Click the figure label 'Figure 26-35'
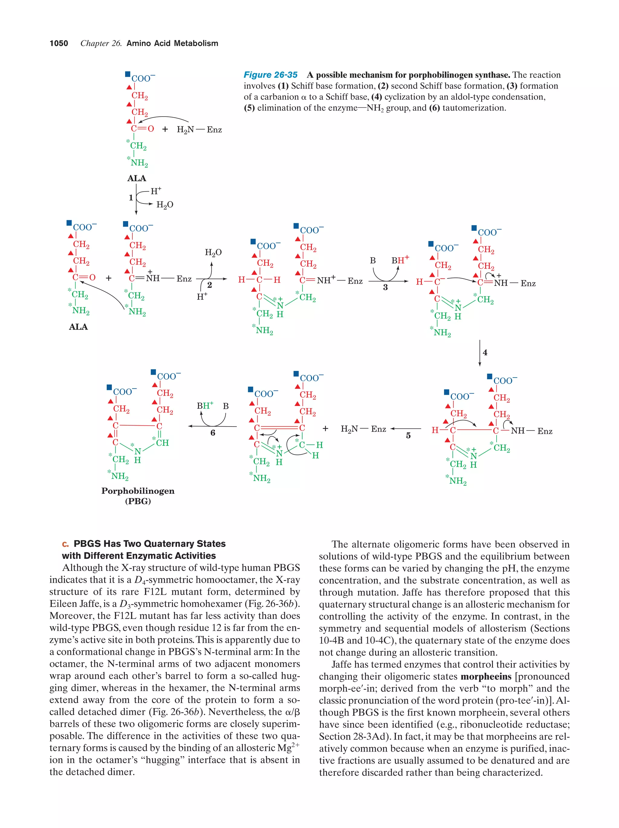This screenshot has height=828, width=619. point(271,75)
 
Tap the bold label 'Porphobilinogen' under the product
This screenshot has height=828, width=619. point(138,491)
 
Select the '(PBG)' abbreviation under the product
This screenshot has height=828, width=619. point(138,501)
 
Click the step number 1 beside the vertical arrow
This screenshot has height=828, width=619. point(131,198)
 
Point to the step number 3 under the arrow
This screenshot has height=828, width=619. point(385,288)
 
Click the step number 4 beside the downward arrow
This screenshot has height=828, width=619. point(485,353)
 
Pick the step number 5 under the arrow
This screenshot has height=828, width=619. point(408,436)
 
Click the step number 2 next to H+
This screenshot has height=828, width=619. point(209,285)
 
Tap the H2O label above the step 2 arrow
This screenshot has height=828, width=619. point(213,253)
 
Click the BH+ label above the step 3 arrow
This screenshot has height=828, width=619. point(400,260)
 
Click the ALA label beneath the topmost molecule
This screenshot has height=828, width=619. point(137,179)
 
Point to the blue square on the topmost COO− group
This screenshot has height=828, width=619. point(128,75)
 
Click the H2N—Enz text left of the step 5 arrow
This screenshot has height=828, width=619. point(363,429)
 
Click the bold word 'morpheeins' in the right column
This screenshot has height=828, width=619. point(486,676)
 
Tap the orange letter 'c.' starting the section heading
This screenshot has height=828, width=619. point(66,544)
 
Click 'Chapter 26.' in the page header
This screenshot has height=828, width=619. point(101,43)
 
